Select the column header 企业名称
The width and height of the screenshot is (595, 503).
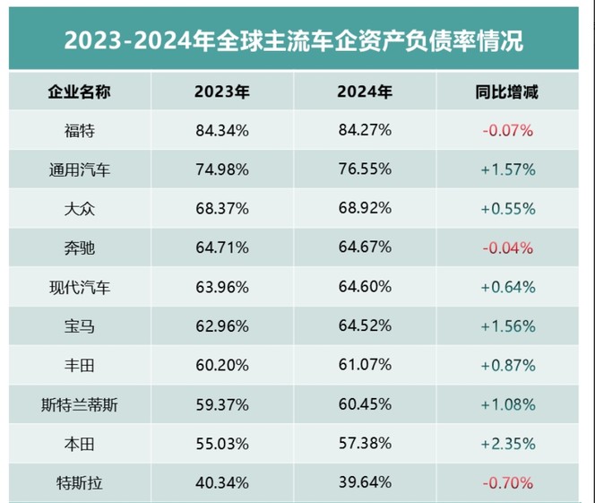[x=80, y=91]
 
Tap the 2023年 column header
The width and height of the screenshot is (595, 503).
[x=222, y=91]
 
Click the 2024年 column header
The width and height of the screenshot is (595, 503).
[x=365, y=91]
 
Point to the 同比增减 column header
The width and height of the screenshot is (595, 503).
[x=507, y=91]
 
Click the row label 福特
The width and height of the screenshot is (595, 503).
[x=80, y=130]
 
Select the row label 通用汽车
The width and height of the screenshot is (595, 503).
[x=80, y=169]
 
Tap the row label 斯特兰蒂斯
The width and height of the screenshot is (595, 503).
[x=80, y=405]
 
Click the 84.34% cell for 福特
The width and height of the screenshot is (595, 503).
[x=222, y=130]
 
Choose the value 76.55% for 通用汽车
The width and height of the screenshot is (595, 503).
[x=365, y=169]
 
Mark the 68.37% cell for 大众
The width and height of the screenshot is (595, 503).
[x=222, y=209]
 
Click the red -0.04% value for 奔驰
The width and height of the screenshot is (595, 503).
[x=507, y=248]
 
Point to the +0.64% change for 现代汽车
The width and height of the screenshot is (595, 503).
[x=507, y=288]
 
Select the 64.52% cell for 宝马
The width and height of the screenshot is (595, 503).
[x=365, y=327]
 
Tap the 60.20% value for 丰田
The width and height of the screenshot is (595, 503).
[x=222, y=366]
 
